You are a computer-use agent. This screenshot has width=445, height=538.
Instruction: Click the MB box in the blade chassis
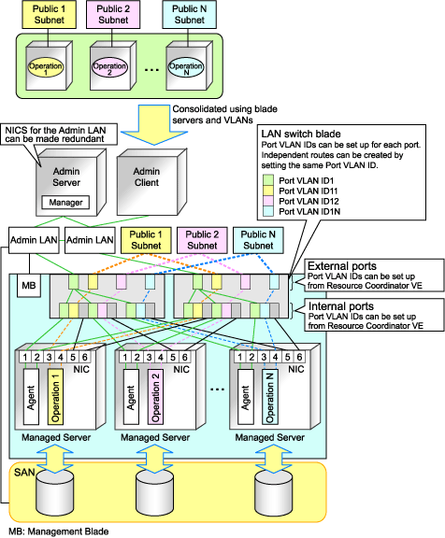click(29, 286)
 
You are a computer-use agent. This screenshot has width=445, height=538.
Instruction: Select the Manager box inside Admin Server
click(65, 203)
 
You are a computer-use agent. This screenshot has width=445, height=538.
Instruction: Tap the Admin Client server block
click(151, 182)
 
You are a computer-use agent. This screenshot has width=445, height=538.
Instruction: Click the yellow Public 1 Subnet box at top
click(50, 14)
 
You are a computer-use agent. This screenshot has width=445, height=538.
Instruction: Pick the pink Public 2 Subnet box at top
click(113, 14)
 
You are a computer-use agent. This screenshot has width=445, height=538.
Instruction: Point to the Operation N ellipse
click(186, 67)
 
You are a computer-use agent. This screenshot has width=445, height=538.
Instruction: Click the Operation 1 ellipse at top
click(45, 67)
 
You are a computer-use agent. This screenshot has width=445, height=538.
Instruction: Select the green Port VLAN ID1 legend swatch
click(268, 180)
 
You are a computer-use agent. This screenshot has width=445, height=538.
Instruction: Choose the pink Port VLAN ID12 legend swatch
click(268, 201)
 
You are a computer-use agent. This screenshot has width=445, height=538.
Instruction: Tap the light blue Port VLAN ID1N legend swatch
click(268, 211)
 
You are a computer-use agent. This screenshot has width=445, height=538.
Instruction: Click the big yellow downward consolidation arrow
click(154, 124)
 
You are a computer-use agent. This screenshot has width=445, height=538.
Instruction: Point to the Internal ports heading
click(340, 306)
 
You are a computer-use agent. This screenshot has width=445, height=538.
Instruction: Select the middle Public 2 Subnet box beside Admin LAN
click(202, 240)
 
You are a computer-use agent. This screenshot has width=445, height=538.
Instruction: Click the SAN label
click(24, 473)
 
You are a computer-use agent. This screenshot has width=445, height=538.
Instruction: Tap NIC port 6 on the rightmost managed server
click(299, 357)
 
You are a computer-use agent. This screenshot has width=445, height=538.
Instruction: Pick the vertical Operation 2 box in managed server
click(155, 397)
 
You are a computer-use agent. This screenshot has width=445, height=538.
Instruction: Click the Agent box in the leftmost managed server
click(31, 397)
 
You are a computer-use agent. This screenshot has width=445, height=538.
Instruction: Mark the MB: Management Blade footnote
click(59, 531)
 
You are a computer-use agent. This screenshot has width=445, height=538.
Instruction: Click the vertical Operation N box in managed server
click(270, 397)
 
